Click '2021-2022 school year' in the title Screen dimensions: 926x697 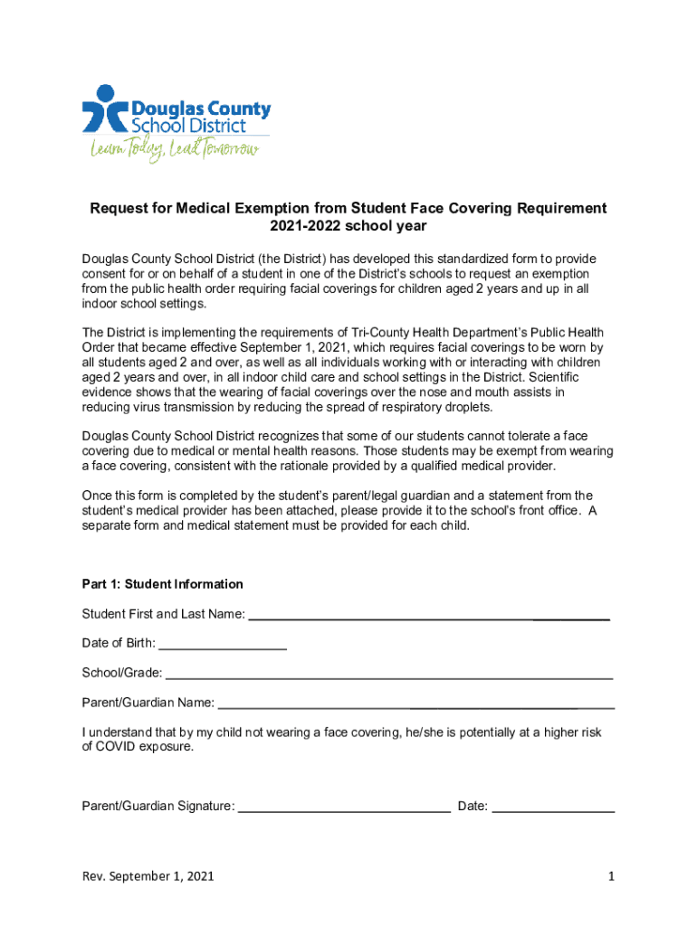pos(348,226)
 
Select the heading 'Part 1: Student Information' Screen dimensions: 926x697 pos(162,584)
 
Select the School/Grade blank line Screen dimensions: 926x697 pos(389,676)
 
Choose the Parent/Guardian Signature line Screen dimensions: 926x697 pos(344,808)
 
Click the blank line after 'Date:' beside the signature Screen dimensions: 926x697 pos(554,808)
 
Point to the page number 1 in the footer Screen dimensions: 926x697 pos(612,876)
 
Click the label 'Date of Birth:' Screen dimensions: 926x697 pos(119,644)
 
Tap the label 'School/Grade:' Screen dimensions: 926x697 pos(122,673)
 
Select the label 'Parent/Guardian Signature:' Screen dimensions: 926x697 pos(158,806)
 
